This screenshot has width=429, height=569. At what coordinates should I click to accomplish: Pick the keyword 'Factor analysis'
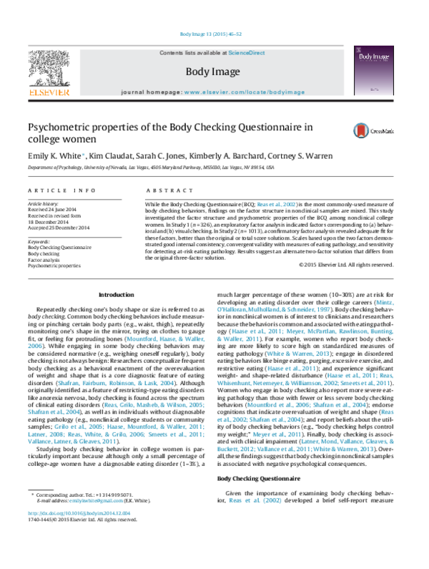[x=44, y=258]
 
